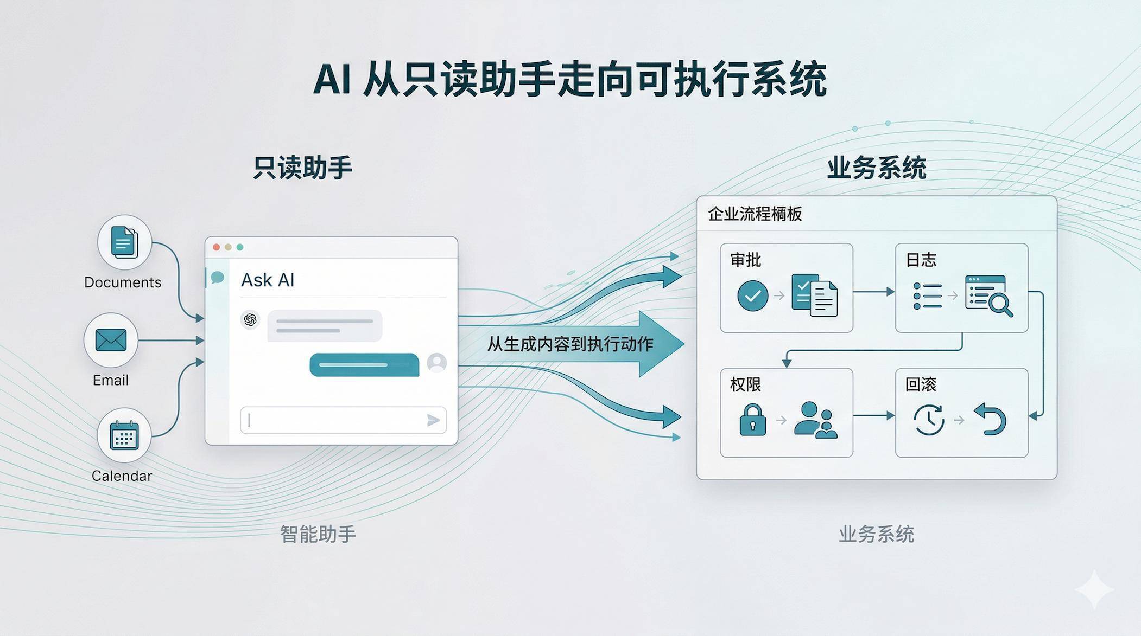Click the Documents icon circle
pos(124,242)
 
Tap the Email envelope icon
pos(111,341)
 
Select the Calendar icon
pos(124,435)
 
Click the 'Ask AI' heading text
pos(268,280)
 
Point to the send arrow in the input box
pos(433,420)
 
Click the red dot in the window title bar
pos(217,247)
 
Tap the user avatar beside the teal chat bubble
pos(436,363)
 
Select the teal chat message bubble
pos(364,364)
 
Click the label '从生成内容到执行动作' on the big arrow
pos(569,344)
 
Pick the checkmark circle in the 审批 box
pos(752,295)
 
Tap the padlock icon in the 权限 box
pos(753,420)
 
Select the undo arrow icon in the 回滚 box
pos(991,419)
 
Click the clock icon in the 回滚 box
pos(929,420)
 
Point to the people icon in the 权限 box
pos(815,420)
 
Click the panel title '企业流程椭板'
pos(755,214)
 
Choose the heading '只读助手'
pos(302,168)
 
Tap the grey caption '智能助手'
pos(318,534)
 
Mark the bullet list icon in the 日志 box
pos(927,295)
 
